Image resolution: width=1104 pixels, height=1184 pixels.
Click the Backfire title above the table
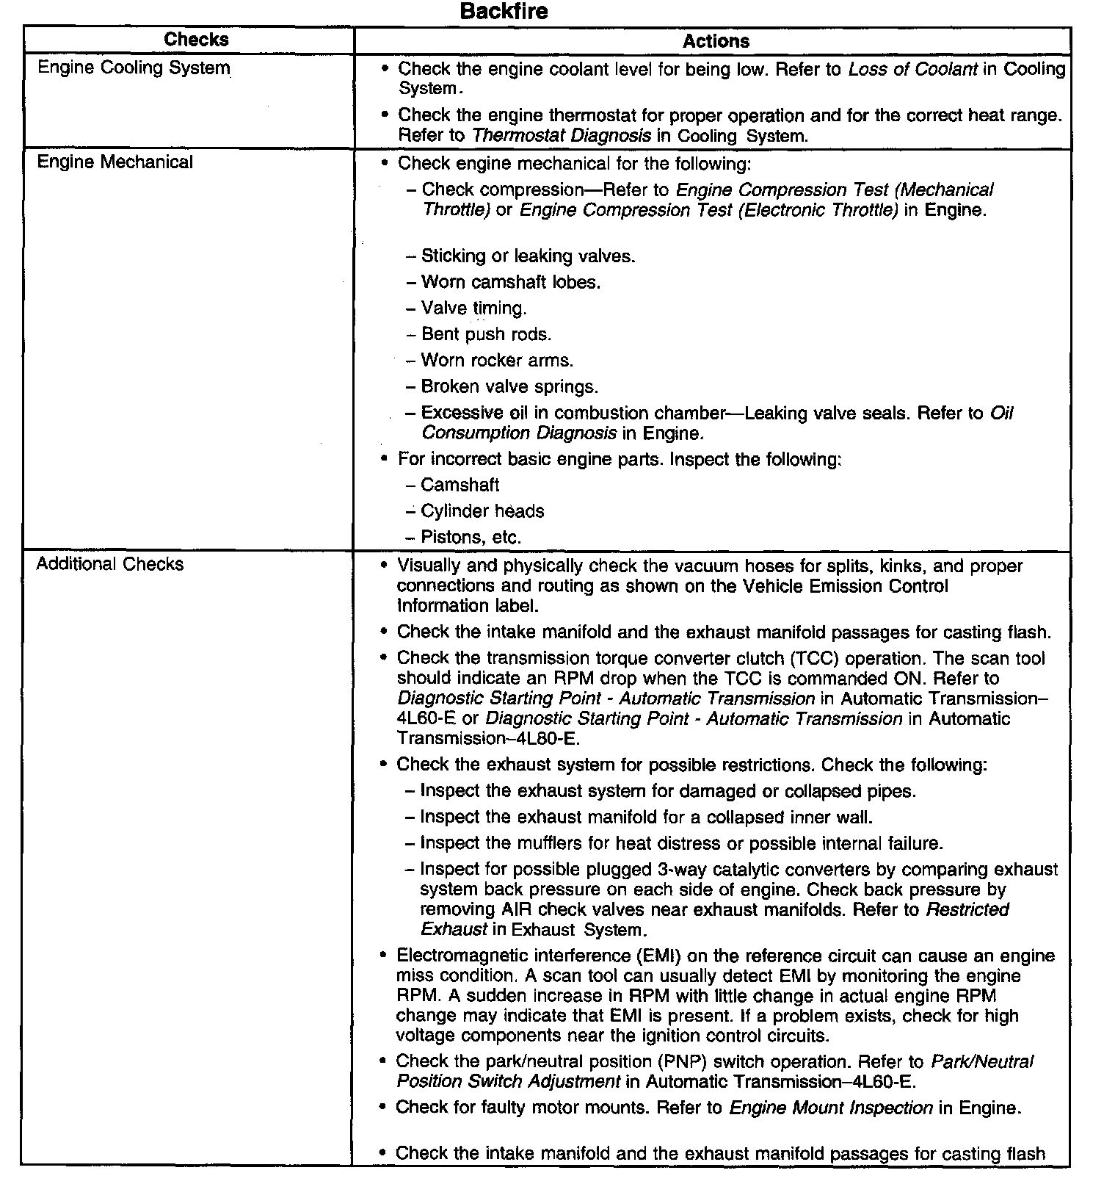point(504,12)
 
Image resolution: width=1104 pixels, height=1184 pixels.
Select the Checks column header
point(196,40)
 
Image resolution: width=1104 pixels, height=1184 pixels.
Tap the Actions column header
point(716,41)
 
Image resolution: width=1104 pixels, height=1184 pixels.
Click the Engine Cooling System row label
point(134,68)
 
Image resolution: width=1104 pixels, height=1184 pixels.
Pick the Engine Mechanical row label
point(115,162)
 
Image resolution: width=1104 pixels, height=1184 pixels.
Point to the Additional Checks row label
point(110,564)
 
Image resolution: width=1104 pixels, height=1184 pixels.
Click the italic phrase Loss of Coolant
point(912,69)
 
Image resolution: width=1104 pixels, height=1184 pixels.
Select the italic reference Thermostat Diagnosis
point(562,136)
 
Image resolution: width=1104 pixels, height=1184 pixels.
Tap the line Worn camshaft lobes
point(511,282)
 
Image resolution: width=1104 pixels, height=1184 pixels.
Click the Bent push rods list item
point(486,334)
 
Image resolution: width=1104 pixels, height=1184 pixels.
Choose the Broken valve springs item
point(509,386)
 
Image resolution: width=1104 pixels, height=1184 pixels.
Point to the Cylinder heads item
point(482,511)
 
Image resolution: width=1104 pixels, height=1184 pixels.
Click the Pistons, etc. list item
point(471,537)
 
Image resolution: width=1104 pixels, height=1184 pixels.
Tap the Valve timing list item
point(473,308)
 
